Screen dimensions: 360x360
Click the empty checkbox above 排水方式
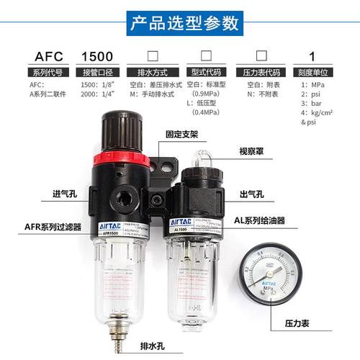click(152, 55)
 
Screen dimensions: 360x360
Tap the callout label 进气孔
click(43, 194)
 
